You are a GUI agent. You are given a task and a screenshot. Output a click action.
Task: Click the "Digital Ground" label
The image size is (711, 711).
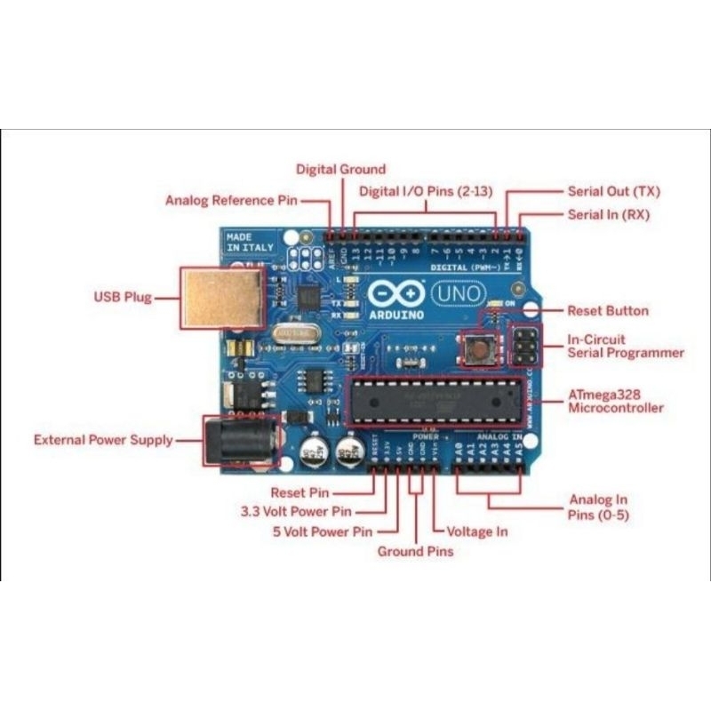pyautogui.click(x=340, y=169)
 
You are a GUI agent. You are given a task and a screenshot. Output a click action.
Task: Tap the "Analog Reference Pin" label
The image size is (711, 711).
pyautogui.click(x=231, y=200)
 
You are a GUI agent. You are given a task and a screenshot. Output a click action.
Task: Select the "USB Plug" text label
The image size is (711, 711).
pyautogui.click(x=123, y=297)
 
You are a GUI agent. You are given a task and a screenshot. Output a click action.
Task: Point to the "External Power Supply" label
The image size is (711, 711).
pyautogui.click(x=103, y=440)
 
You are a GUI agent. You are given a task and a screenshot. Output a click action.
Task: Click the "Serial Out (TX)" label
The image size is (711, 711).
pyautogui.click(x=613, y=192)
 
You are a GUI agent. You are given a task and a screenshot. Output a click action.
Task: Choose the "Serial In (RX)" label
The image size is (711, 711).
pyautogui.click(x=609, y=215)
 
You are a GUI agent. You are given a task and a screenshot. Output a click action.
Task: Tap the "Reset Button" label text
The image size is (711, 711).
pyautogui.click(x=608, y=311)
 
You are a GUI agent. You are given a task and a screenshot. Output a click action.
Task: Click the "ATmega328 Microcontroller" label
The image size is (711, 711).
pyautogui.click(x=615, y=401)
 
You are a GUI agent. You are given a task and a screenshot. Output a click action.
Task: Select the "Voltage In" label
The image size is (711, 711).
pyautogui.click(x=477, y=531)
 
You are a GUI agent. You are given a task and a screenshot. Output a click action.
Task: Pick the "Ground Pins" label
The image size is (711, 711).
pyautogui.click(x=415, y=552)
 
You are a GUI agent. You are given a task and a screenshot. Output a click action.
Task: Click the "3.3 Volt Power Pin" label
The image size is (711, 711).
pyautogui.click(x=295, y=512)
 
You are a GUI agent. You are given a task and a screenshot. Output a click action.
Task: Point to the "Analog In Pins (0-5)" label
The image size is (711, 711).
pyautogui.click(x=598, y=507)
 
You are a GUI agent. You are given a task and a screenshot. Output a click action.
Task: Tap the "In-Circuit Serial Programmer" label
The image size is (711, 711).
pyautogui.click(x=626, y=346)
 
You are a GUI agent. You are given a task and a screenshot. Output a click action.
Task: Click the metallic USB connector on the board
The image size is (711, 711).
pyautogui.click(x=223, y=296)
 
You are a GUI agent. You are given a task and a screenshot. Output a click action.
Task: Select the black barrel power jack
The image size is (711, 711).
pyautogui.click(x=238, y=441)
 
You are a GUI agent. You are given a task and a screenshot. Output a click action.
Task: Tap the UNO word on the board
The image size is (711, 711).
pyautogui.click(x=459, y=292)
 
